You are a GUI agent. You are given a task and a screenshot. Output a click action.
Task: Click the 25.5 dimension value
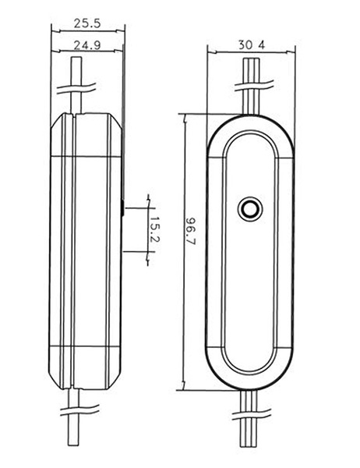point(87,23)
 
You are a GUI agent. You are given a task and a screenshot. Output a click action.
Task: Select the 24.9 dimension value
point(87,45)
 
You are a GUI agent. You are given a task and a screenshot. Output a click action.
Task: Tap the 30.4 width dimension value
point(252,45)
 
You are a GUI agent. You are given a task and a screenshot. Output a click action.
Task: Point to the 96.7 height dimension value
point(190,231)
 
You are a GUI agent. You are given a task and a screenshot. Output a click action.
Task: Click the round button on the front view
point(250,208)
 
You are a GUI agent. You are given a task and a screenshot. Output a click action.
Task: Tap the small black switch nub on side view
point(122,207)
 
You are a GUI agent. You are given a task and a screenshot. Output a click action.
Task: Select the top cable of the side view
point(76,85)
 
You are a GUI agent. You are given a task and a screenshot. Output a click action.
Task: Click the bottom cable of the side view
point(74,417)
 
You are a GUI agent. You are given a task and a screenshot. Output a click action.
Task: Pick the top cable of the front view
point(252,87)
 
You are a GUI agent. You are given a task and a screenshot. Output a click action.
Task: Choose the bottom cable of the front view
point(249,418)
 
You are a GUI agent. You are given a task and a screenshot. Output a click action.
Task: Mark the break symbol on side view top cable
point(76,88)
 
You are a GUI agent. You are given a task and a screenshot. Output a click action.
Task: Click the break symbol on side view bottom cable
point(79,410)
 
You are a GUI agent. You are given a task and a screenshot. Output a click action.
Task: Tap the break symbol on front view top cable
point(254,85)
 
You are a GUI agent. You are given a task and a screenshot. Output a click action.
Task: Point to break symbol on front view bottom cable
point(252,414)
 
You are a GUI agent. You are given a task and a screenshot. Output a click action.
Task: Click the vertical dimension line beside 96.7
point(185,251)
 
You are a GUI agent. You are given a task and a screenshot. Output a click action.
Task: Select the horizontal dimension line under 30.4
point(251,52)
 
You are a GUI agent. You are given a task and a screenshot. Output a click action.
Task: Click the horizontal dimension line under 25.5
point(88,30)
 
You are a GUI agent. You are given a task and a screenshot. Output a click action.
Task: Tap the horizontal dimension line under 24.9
point(86,51)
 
